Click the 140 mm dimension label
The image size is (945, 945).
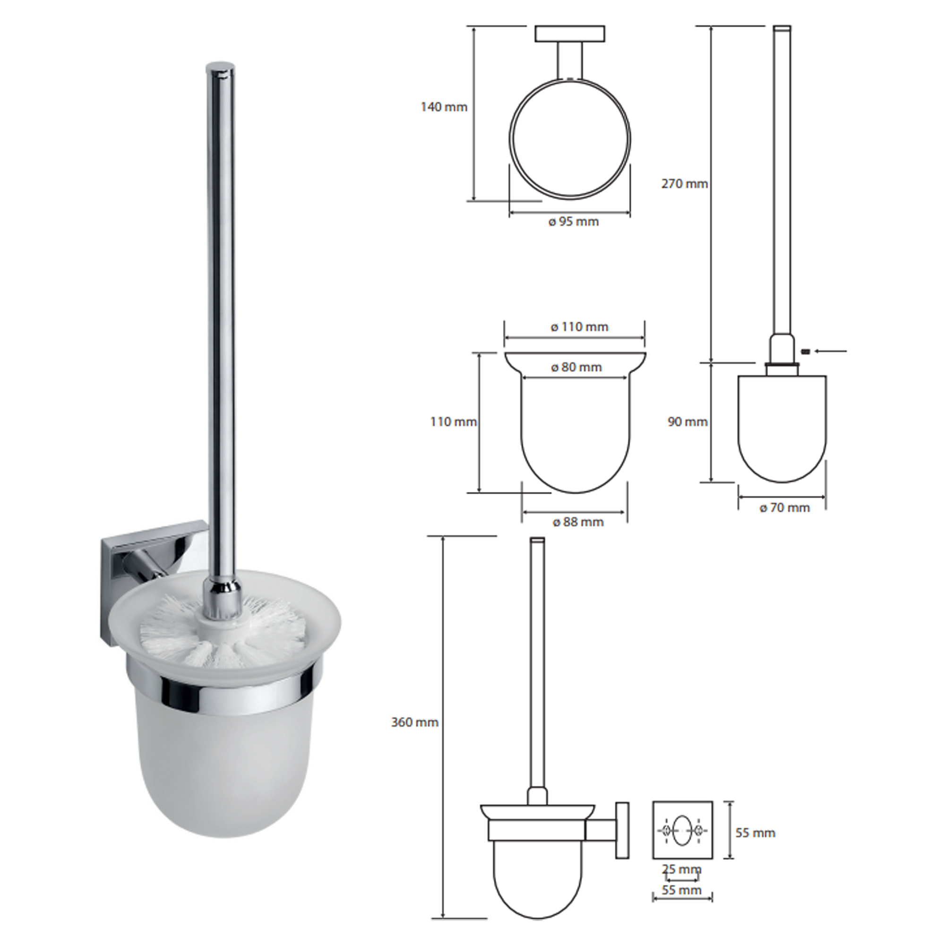coord(444,107)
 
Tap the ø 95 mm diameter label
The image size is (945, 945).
coord(574,222)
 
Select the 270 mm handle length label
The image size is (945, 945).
coord(684,184)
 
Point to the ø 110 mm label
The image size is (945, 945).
coord(580,327)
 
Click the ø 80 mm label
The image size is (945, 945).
coord(576,367)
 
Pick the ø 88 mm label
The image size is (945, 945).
coord(578,522)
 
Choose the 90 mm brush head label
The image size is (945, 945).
coord(687,421)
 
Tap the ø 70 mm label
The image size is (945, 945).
coord(784,508)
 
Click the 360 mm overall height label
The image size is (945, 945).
coord(415,722)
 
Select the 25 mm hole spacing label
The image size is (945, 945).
coord(681,869)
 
